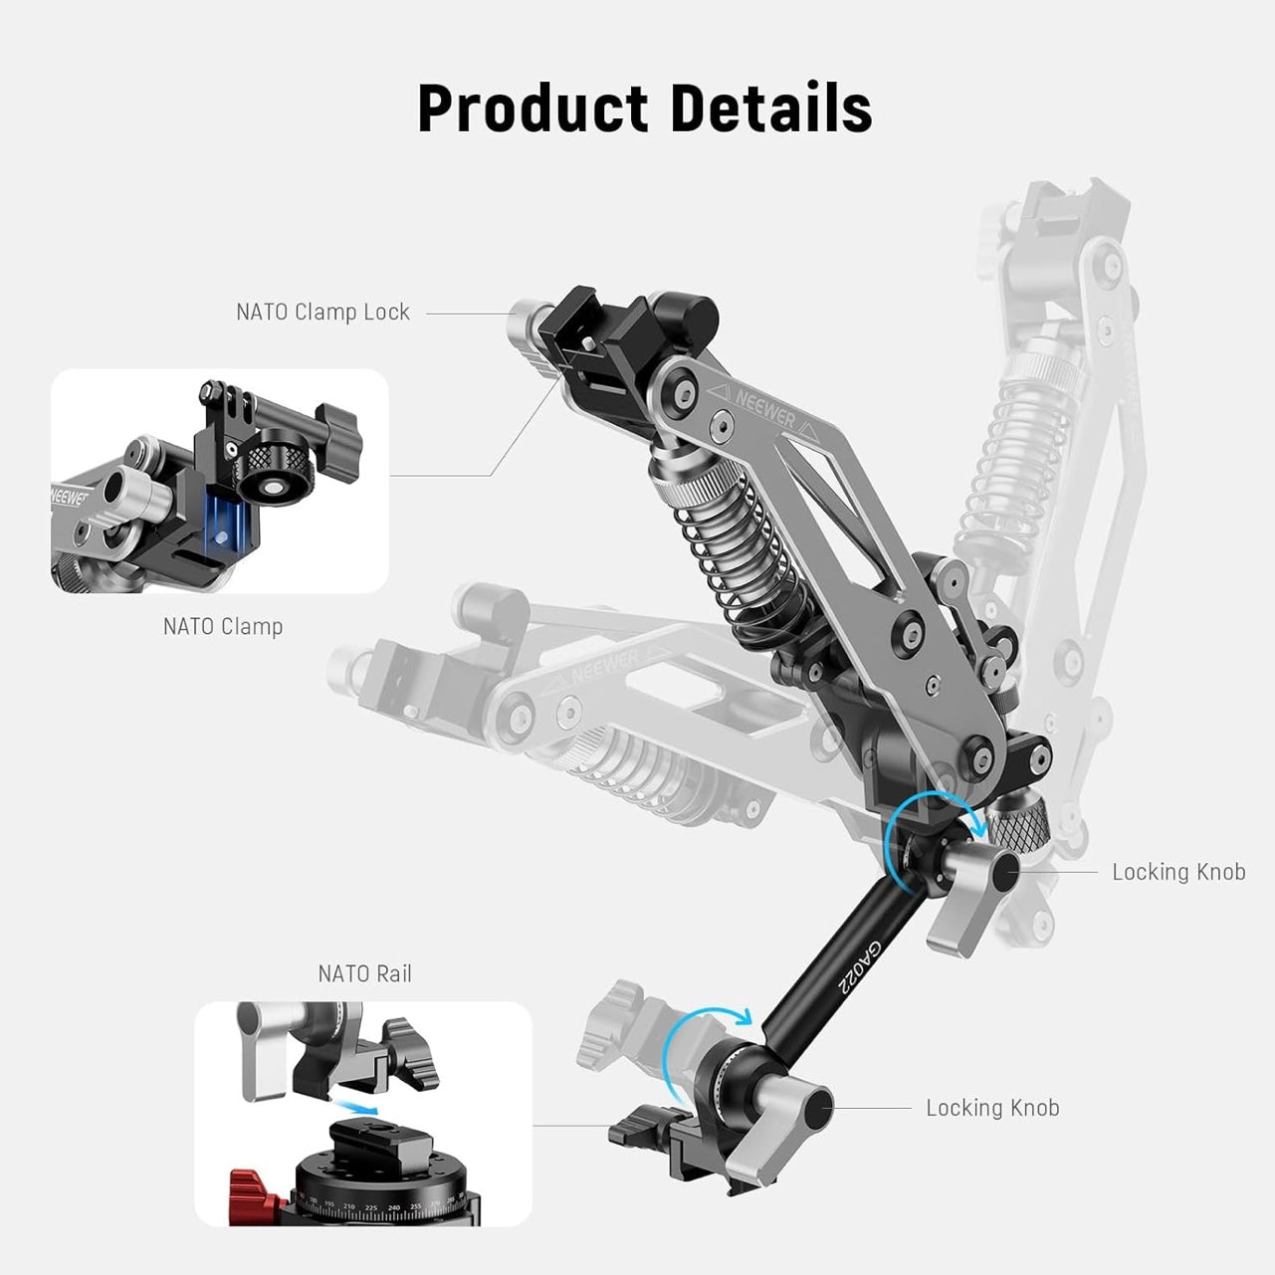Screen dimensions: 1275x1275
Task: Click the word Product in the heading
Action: pos(532,108)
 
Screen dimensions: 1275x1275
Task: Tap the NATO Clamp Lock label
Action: pos(322,313)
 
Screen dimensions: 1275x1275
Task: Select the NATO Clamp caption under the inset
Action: pos(223,627)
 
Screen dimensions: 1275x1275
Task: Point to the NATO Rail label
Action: pos(364,974)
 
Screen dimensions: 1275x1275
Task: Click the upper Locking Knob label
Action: pos(1178,872)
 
